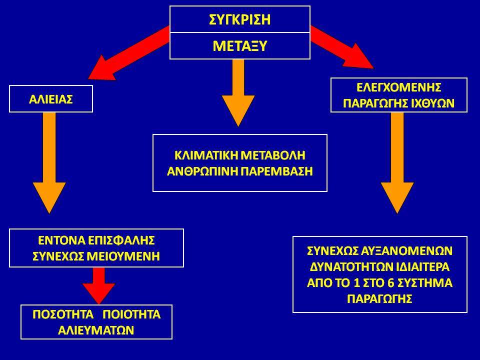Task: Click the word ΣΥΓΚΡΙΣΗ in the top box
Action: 239,19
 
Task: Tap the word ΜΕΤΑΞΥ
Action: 239,46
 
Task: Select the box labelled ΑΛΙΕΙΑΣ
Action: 51,99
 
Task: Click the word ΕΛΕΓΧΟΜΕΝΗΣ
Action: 398,87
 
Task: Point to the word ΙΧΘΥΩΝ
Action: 432,103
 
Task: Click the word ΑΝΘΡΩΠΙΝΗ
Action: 202,171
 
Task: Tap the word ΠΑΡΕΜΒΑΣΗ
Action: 276,171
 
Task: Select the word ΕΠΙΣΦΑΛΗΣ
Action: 121,240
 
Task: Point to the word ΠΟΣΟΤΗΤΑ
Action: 63,314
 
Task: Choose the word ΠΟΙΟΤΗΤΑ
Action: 131,314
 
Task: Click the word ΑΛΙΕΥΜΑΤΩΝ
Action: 96,330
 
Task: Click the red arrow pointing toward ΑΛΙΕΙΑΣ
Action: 128,53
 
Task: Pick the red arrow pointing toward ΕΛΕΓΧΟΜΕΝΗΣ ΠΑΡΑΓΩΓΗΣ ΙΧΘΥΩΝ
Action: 342,47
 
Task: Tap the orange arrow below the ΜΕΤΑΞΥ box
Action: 238,93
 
